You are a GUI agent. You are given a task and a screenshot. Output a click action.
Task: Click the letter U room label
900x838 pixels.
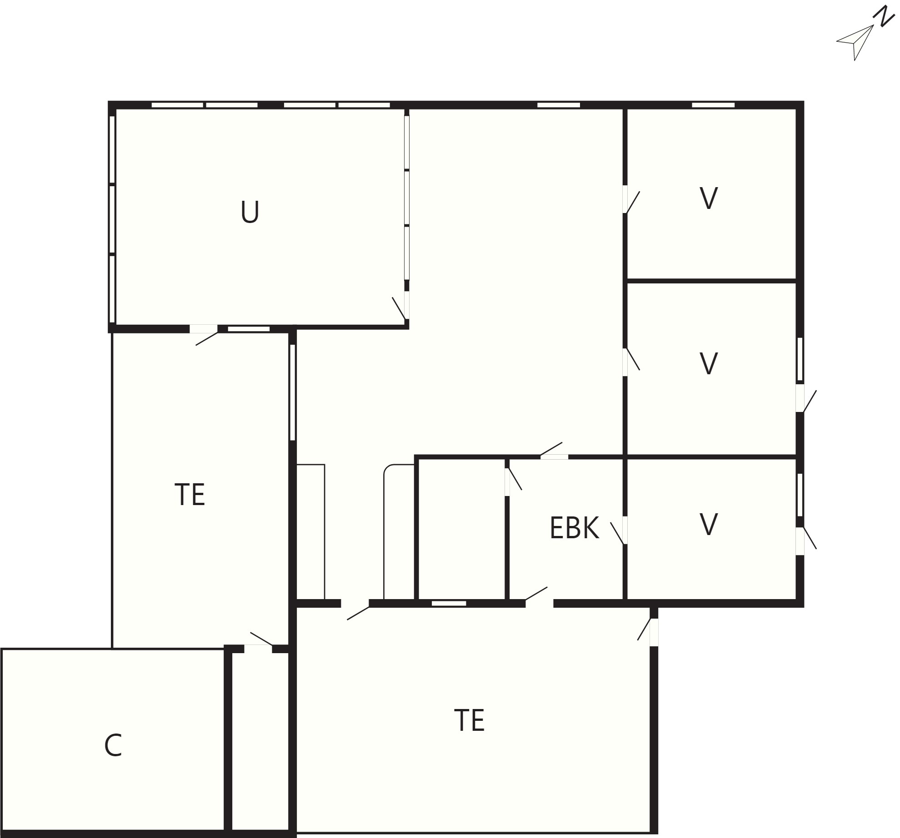250,212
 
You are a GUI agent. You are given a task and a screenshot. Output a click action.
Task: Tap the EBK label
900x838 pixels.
574,528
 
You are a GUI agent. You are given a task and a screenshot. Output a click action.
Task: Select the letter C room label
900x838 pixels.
113,745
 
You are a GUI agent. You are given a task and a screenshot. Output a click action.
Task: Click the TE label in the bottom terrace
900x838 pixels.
470,720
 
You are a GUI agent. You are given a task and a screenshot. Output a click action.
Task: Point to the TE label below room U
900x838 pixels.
190,494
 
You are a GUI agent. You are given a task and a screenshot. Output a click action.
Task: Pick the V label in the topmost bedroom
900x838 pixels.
709,198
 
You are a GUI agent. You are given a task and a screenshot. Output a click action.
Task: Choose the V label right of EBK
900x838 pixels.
709,524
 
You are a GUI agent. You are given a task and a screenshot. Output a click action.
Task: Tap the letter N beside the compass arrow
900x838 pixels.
883,16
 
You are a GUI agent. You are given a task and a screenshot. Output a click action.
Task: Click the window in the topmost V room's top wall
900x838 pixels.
713,105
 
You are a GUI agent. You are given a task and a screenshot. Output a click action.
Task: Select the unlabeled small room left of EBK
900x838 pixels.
461,529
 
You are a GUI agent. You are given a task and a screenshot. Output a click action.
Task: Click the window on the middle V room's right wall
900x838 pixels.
800,359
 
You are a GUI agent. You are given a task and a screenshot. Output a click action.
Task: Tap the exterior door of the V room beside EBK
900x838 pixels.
806,540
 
